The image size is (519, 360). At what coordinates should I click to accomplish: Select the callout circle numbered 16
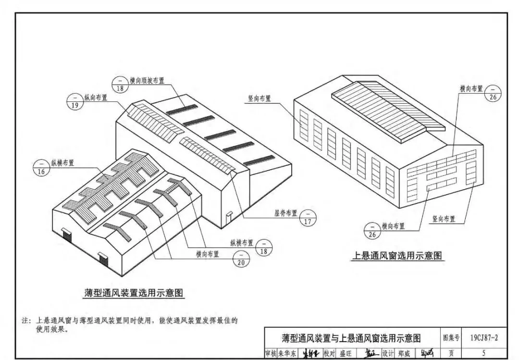41,168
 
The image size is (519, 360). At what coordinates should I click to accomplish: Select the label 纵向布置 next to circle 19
96,98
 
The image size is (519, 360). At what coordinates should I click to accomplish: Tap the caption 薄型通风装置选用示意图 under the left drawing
133,293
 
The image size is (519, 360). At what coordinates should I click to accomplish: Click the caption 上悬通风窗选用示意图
397,255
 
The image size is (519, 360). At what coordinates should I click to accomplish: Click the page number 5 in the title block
483,353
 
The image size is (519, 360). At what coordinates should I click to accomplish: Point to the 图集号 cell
451,337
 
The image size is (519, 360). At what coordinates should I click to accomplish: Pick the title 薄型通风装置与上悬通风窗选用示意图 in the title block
351,338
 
